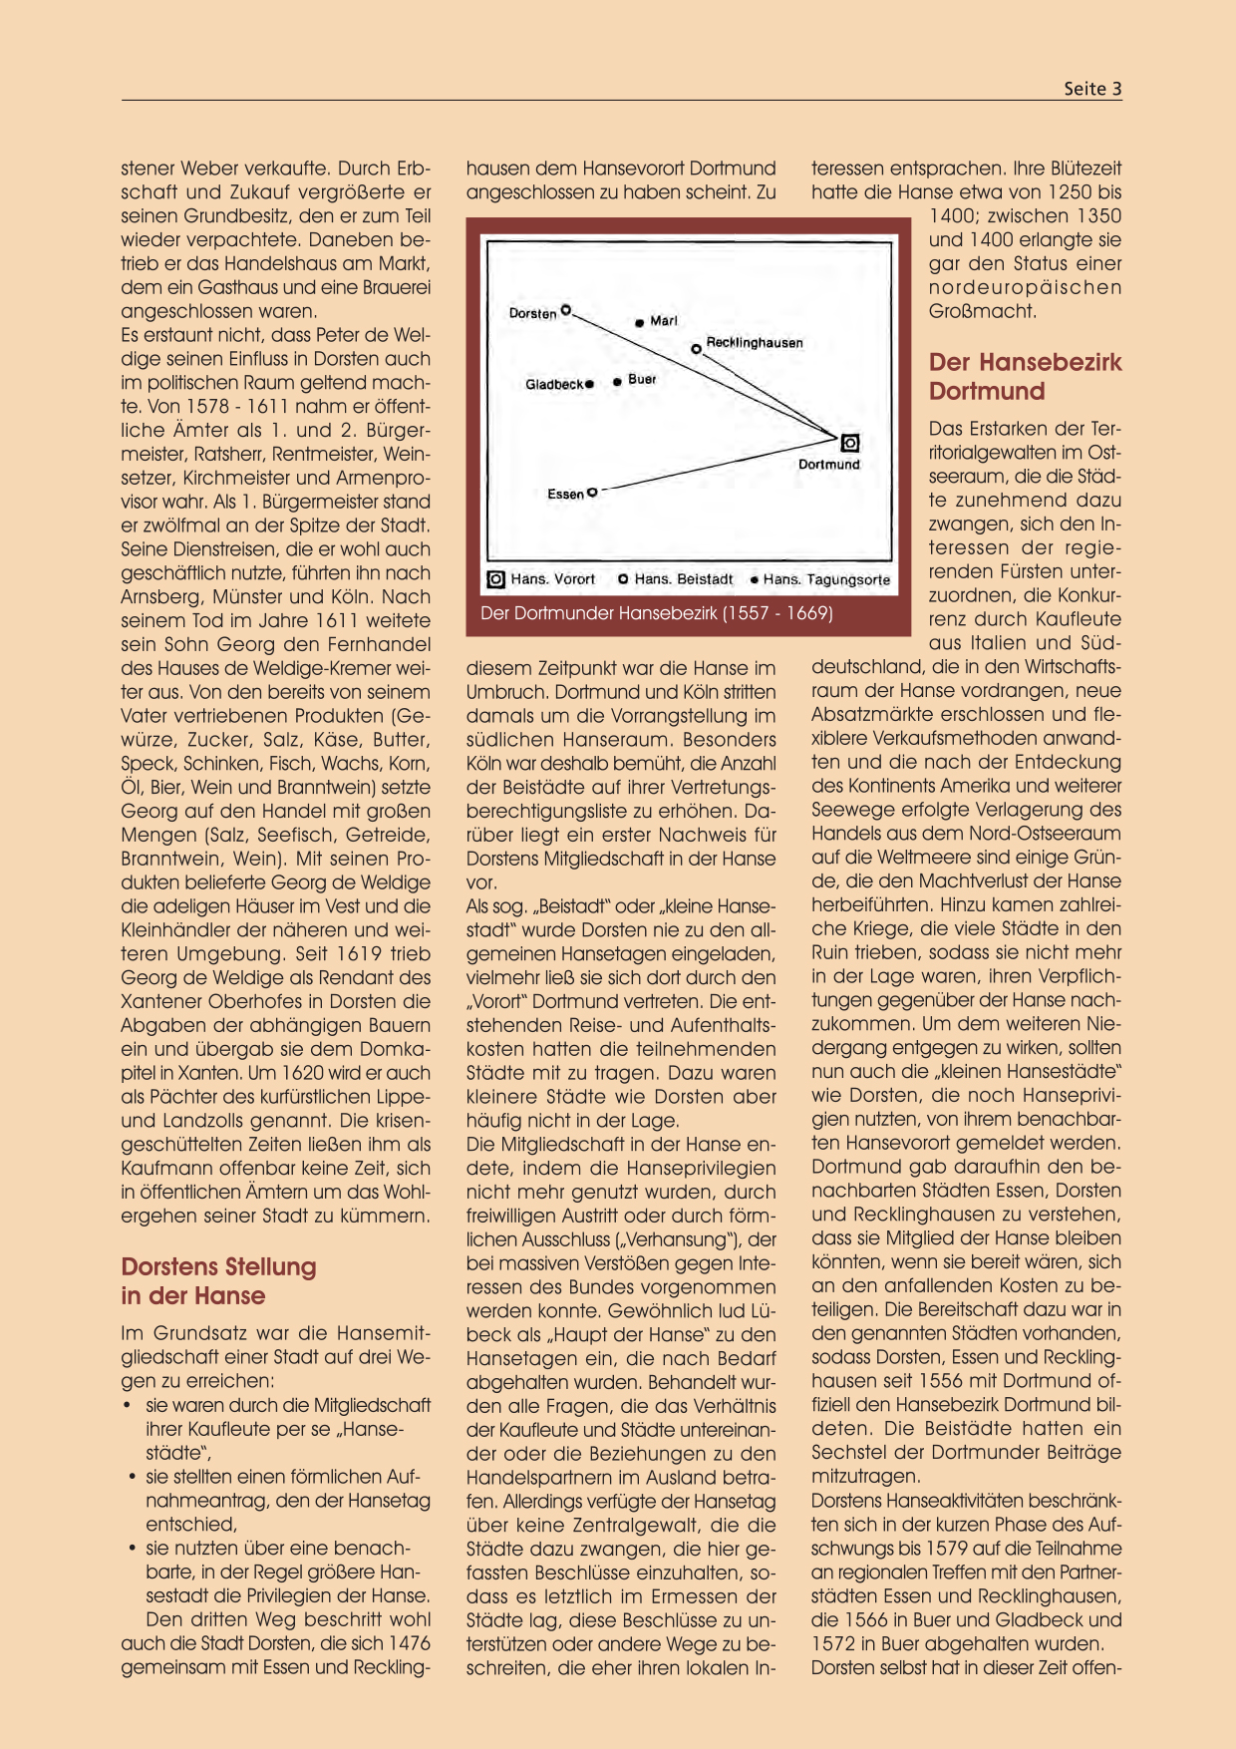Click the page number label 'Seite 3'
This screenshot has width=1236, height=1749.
1092,89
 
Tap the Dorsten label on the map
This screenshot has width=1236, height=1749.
532,313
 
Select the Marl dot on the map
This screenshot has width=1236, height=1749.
639,322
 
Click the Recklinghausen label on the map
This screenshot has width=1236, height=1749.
755,343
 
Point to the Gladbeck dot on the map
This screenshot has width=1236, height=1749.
590,384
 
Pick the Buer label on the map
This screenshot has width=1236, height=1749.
642,380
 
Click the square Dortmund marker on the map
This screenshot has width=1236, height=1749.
849,443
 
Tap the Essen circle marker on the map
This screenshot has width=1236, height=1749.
592,492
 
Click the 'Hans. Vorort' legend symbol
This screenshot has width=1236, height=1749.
495,579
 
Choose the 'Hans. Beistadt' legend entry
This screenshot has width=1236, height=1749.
677,579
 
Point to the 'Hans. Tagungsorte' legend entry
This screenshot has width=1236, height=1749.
820,579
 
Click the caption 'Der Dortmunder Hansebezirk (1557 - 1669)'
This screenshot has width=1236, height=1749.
657,613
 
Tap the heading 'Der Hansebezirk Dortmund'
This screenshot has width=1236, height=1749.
1025,377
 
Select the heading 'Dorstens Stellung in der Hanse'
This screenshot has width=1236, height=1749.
218,1281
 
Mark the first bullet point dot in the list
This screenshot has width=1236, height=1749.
128,1406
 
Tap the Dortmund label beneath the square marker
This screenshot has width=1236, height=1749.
828,465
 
